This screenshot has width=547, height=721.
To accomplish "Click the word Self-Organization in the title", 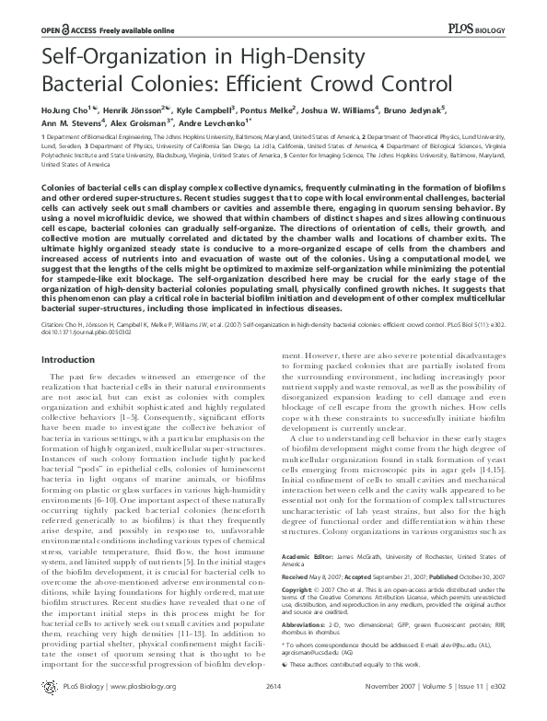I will [122, 58].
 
